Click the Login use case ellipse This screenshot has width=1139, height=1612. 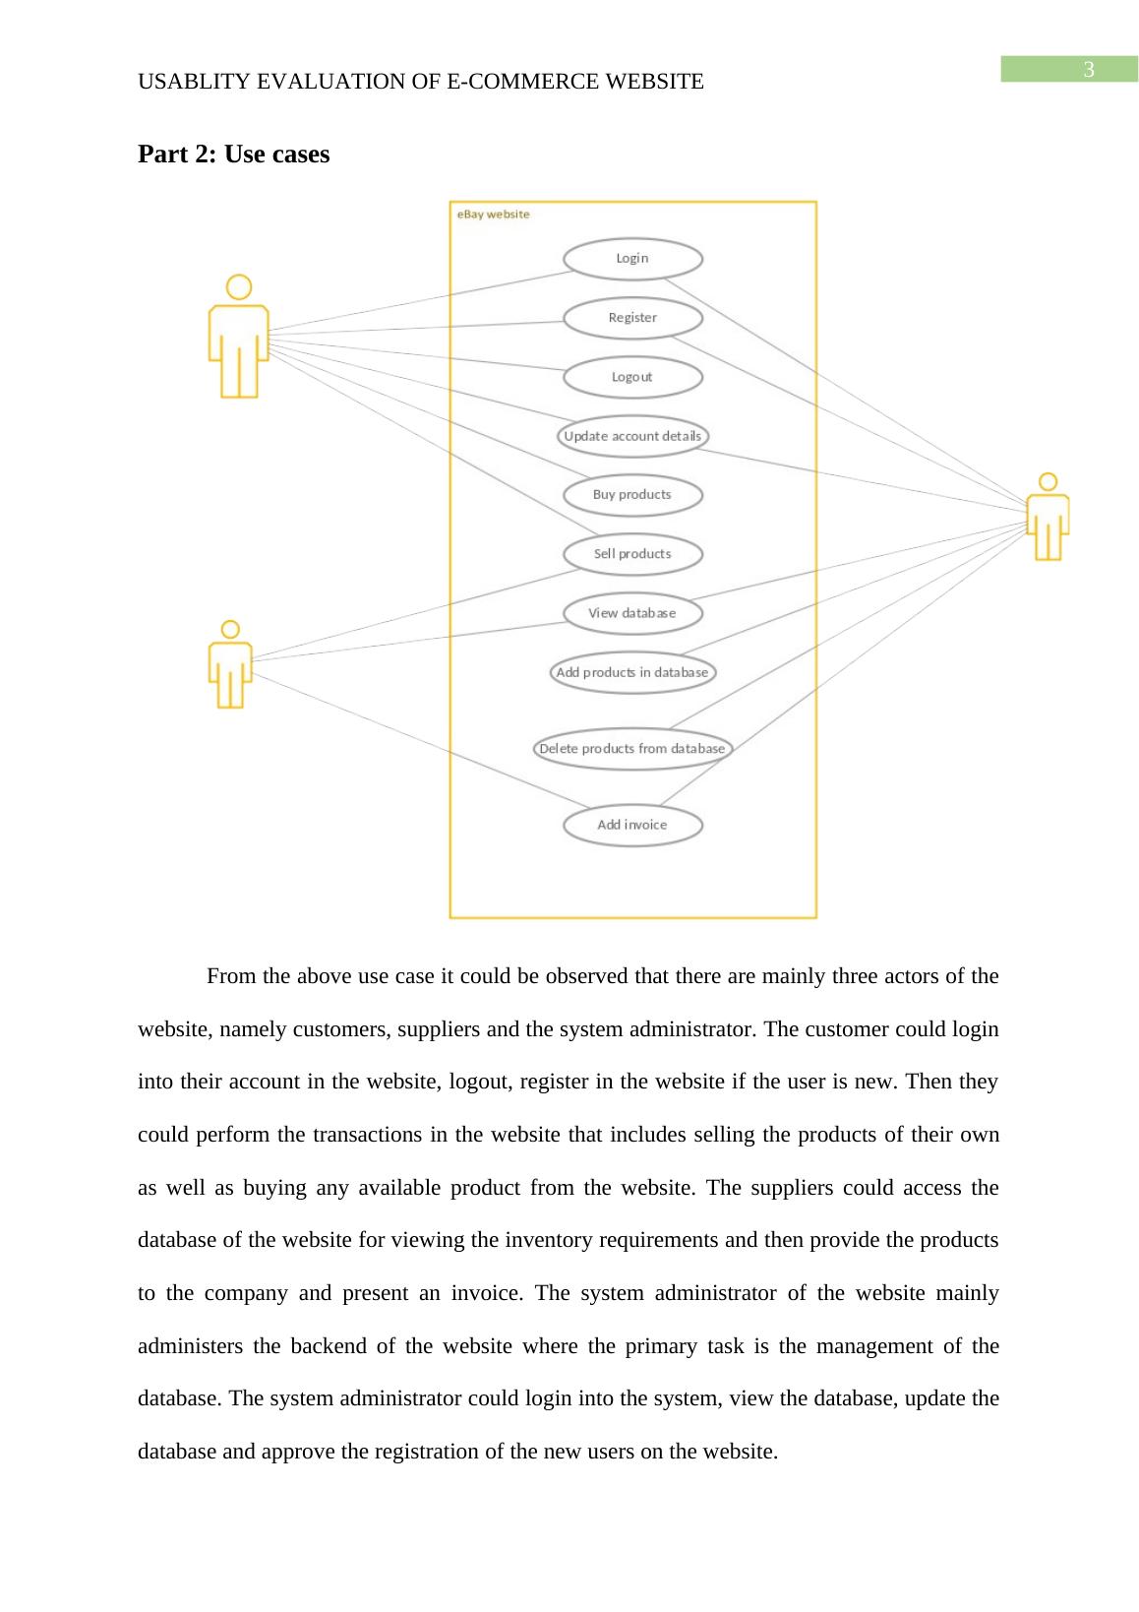click(x=632, y=259)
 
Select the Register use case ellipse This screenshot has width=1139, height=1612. click(x=632, y=318)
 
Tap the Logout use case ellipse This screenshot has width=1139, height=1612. click(x=632, y=377)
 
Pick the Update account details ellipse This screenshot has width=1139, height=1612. click(x=632, y=436)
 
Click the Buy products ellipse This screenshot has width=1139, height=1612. click(x=632, y=495)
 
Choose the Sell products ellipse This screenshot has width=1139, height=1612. click(x=632, y=554)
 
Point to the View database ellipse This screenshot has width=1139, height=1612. click(x=632, y=613)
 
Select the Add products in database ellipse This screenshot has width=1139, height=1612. click(x=632, y=673)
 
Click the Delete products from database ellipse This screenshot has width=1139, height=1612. click(x=632, y=749)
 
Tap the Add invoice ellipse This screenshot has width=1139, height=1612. click(x=632, y=825)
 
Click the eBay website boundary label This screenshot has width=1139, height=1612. click(x=493, y=215)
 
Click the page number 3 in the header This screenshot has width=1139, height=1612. click(x=1089, y=70)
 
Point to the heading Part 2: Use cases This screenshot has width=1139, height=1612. click(x=234, y=155)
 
